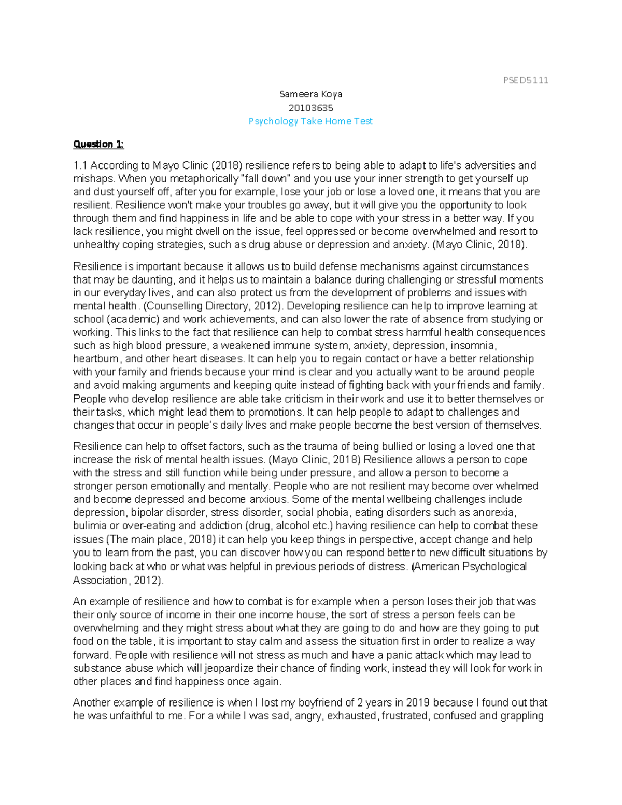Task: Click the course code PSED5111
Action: pyautogui.click(x=525, y=80)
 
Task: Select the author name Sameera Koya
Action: pyautogui.click(x=310, y=94)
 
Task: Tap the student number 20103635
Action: pyautogui.click(x=310, y=108)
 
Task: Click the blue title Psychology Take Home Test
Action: pyautogui.click(x=310, y=121)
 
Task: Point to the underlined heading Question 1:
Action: pyautogui.click(x=98, y=144)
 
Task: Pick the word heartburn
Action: pyautogui.click(x=97, y=359)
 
